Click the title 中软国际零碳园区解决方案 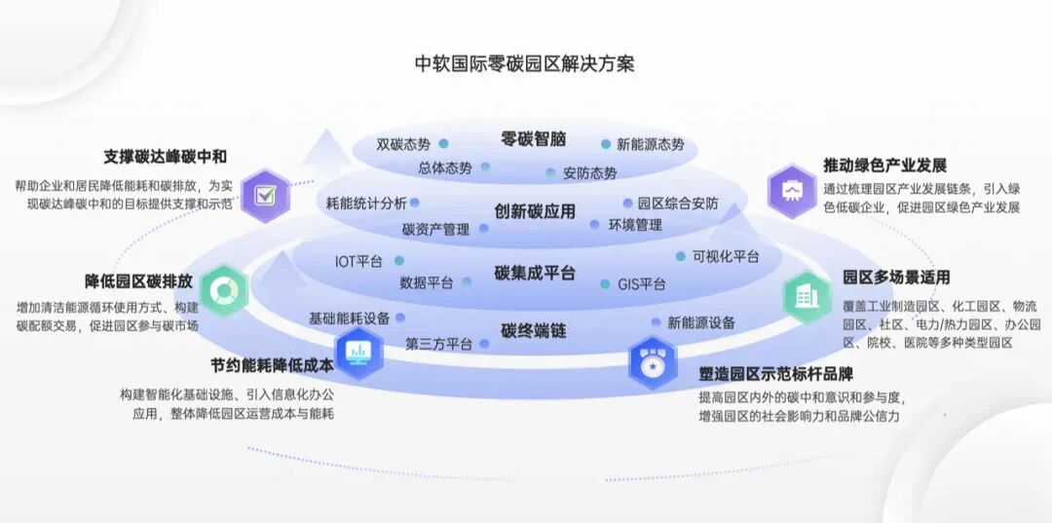pos(525,64)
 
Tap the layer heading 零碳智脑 pos(533,138)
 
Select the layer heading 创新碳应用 pos(535,210)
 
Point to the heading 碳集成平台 pos(535,273)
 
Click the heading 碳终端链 pos(534,331)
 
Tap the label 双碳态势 pos(403,144)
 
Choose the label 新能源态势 pos(650,144)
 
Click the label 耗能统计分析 pos(367,203)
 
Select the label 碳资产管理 pos(435,230)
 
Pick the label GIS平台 pos(642,284)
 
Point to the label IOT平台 pos(358,261)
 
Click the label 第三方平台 pos(439,343)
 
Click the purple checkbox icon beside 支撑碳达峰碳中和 pos(265,195)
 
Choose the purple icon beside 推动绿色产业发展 pos(792,189)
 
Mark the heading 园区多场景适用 pos(896,277)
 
